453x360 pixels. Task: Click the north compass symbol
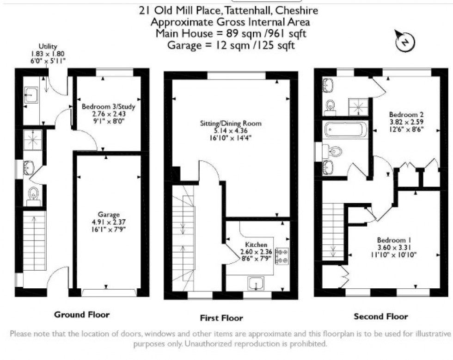[x=405, y=42]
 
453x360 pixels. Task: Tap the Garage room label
[x=109, y=215]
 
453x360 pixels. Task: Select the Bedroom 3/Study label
[x=109, y=107]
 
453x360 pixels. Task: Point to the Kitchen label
[x=256, y=244]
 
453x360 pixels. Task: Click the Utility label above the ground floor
[x=48, y=46]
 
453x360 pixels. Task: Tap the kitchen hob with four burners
[x=282, y=256]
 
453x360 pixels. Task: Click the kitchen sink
[x=255, y=283]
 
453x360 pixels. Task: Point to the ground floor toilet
[x=33, y=196]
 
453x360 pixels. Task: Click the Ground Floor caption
[x=82, y=315]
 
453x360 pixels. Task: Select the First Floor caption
[x=221, y=318]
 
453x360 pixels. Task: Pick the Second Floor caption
[x=381, y=317]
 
